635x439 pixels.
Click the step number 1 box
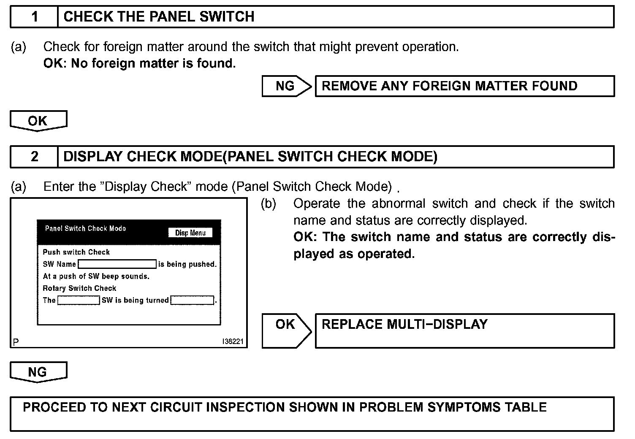[x=34, y=17]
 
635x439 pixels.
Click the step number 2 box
[x=34, y=157]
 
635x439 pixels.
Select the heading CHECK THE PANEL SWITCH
[x=159, y=17]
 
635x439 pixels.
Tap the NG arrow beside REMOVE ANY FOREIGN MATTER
[x=286, y=86]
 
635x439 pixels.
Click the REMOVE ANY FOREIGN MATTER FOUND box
[x=449, y=86]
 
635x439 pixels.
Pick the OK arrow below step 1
[x=38, y=121]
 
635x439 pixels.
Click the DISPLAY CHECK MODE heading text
[x=250, y=157]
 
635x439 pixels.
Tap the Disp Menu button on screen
[x=190, y=233]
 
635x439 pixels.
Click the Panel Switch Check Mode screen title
[x=85, y=229]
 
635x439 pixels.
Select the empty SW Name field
[x=117, y=264]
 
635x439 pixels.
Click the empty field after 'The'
[x=79, y=301]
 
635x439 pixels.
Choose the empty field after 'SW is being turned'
[x=192, y=301]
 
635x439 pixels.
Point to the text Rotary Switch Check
[x=79, y=288]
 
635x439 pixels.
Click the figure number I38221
[x=233, y=342]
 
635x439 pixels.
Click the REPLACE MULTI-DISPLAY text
[x=404, y=324]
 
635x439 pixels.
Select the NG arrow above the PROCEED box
[x=38, y=372]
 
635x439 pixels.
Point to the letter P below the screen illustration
[x=16, y=342]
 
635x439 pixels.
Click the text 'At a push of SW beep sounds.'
[x=96, y=276]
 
